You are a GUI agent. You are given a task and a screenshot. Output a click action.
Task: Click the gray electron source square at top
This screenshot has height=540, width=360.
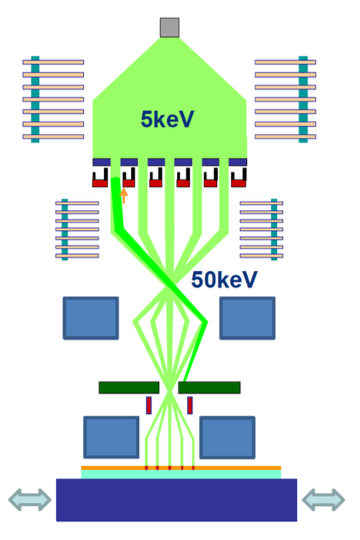pos(169,28)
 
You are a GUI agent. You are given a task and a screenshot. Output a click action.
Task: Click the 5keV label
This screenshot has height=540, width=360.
pos(168,119)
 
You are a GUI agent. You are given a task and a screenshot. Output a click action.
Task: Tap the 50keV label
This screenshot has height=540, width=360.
pos(225,279)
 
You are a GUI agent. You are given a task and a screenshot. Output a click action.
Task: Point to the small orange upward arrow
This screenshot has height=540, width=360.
pos(124,195)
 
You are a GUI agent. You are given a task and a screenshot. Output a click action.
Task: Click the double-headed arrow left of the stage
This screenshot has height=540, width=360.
pos(30,499)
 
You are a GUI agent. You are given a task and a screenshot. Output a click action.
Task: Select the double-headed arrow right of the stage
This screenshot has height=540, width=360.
pos(323,499)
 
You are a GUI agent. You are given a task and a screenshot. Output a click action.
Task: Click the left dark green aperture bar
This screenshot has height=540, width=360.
pos(128,388)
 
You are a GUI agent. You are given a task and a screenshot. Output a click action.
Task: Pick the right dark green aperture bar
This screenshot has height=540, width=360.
pos(209,388)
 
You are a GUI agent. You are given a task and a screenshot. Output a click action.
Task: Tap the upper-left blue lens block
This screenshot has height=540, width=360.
pos(91,318)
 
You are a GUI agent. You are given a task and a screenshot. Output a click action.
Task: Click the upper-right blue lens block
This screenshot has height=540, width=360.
pos(248,318)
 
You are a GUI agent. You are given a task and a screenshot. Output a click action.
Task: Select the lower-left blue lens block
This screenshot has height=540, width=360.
pos(112,437)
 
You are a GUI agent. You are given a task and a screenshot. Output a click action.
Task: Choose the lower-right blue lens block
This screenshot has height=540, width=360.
pos(228,437)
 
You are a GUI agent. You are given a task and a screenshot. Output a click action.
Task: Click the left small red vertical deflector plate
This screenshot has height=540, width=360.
pos(148,405)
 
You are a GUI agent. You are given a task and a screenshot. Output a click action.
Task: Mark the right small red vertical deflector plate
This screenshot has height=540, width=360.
pos(190,405)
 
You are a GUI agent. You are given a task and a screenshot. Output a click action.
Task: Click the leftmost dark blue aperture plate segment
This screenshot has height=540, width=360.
pos(102,162)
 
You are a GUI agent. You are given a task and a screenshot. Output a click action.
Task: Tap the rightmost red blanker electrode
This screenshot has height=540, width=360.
pos(238,184)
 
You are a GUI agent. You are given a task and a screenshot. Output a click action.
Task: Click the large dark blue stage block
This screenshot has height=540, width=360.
pos(176,500)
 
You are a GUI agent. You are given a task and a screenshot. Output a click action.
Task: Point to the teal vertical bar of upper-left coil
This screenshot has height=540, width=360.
pos(35,99)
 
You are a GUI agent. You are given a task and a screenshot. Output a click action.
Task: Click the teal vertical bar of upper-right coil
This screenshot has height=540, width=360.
pos(303,99)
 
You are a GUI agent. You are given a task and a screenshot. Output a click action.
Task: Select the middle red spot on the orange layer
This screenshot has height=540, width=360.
pos(169,468)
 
